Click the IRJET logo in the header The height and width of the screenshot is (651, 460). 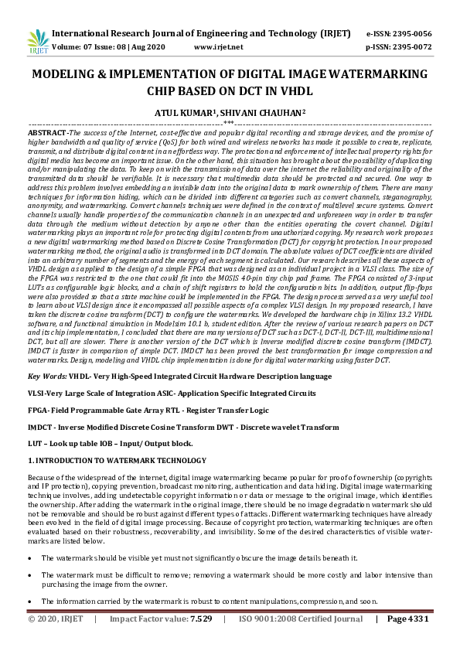coord(37,39)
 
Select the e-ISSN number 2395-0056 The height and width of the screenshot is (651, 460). coord(412,34)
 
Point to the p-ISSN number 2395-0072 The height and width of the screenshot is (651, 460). coord(412,47)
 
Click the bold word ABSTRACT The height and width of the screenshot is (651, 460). coord(47,133)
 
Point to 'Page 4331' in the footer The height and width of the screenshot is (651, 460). coord(407,641)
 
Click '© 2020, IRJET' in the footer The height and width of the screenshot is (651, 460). coord(56,641)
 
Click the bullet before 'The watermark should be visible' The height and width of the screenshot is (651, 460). coord(30,557)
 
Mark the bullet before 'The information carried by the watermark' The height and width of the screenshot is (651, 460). coord(30,601)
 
